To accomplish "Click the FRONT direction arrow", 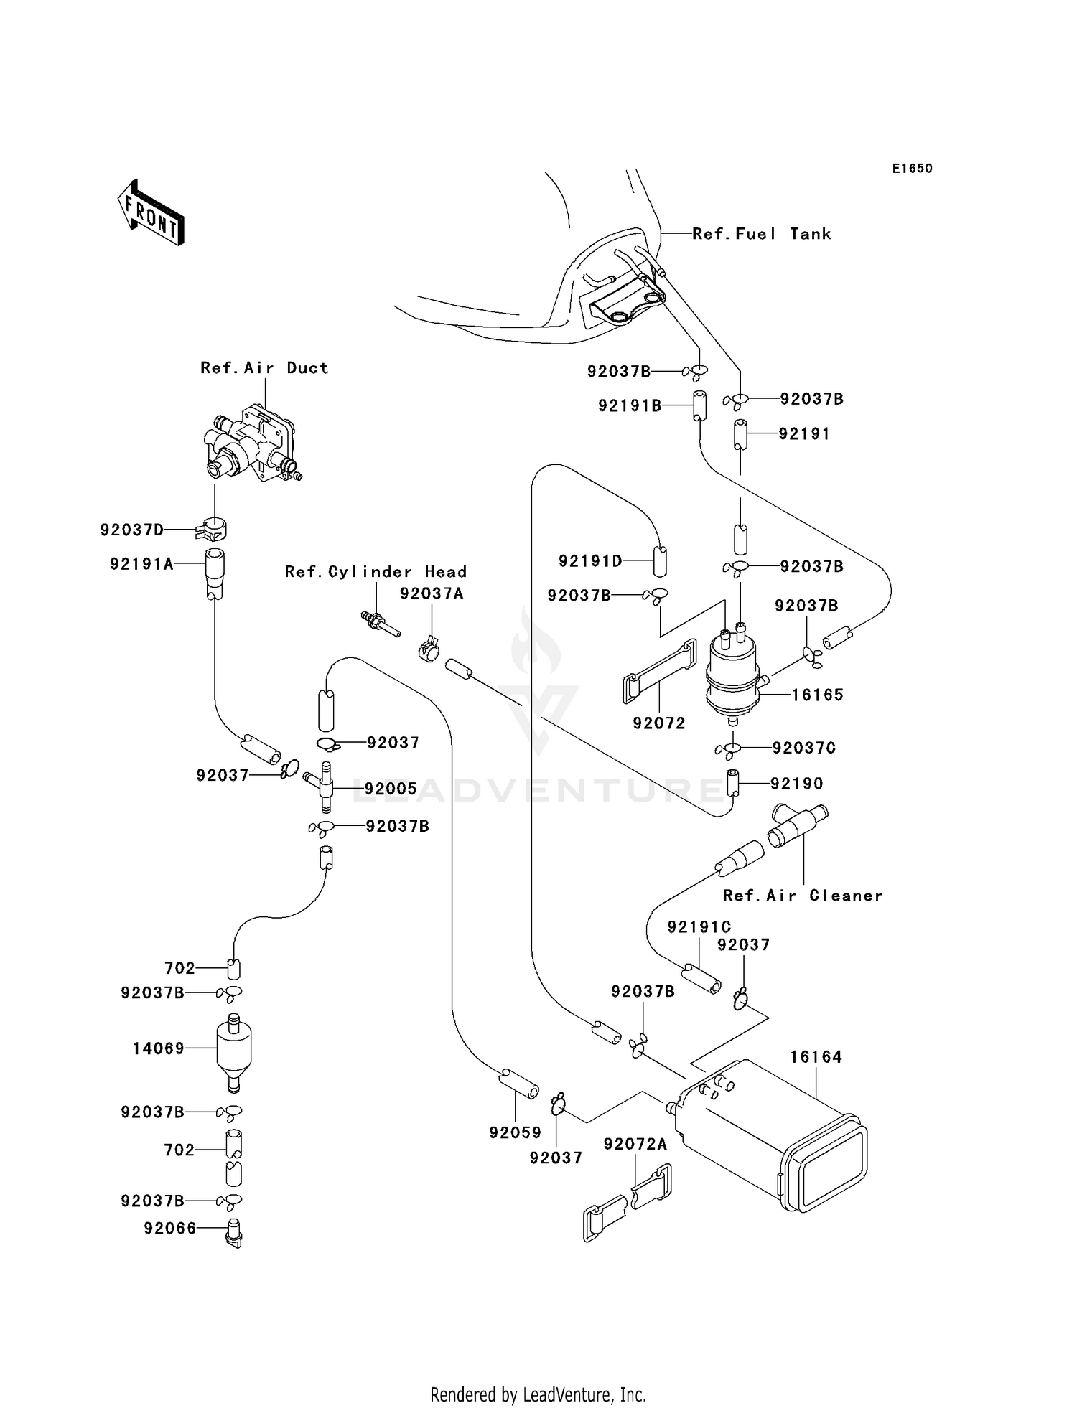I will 151,214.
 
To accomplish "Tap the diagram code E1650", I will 912,169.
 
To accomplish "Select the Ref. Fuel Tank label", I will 761,234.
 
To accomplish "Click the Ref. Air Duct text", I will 264,368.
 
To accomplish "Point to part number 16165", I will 817,695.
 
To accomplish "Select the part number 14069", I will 159,1048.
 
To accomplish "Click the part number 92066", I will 170,1229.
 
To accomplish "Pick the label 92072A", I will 635,1144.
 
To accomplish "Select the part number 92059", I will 515,1132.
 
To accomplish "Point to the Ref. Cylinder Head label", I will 376,572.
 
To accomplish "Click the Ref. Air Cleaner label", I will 802,896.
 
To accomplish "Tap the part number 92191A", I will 141,564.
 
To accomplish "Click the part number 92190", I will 796,784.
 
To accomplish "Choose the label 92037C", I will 803,748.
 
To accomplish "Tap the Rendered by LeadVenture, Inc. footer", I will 538,1395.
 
